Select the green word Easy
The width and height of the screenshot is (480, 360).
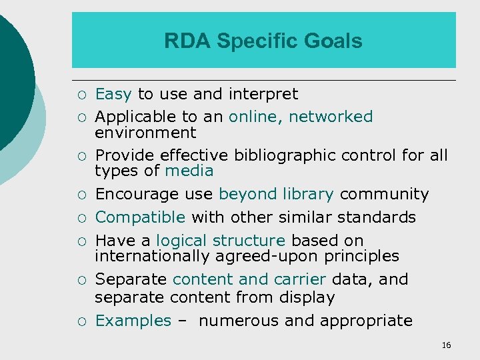click(113, 94)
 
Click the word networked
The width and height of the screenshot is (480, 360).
click(331, 117)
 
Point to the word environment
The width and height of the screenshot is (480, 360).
click(145, 133)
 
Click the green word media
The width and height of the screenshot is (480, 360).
click(189, 171)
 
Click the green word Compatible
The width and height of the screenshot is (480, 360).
click(140, 217)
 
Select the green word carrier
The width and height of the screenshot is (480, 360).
click(297, 279)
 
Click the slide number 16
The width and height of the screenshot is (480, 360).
click(446, 345)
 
